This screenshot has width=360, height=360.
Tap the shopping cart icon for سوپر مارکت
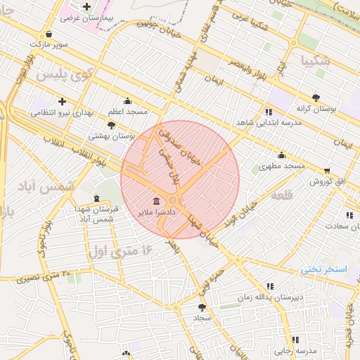[48, 34]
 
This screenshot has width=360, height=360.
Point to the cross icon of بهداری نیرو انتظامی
[62, 101]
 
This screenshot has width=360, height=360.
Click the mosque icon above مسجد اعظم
[127, 101]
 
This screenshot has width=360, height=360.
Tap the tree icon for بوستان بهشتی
[111, 125]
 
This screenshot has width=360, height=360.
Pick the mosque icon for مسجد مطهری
[281, 155]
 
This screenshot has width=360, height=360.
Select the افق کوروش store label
[328, 181]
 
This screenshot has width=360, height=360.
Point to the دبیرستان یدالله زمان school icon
[270, 286]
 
